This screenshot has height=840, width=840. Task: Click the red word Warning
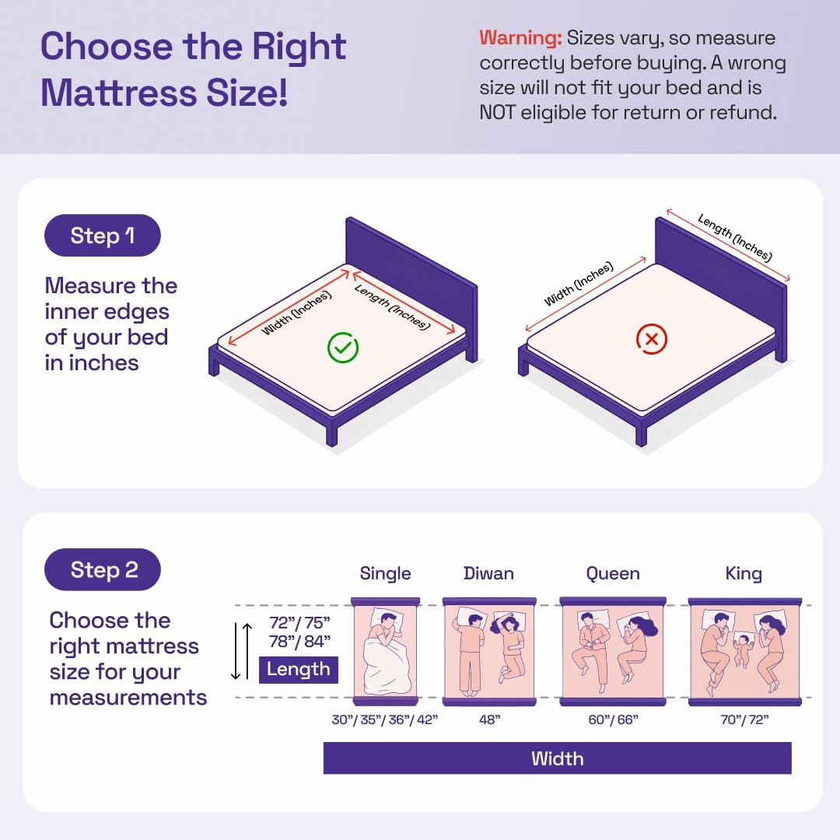(520, 38)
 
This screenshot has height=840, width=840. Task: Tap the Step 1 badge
(103, 235)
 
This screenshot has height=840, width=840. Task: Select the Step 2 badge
(103, 569)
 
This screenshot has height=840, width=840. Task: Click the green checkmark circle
(343, 348)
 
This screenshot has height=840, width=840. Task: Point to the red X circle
(652, 339)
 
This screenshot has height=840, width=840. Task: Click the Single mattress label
(385, 573)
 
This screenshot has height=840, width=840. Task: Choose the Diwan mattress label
(488, 573)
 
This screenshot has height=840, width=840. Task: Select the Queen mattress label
(613, 574)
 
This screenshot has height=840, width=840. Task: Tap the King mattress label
(744, 574)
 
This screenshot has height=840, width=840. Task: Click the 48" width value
(490, 719)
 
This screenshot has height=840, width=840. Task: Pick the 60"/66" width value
(614, 719)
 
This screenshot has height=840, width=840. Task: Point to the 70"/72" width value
(744, 719)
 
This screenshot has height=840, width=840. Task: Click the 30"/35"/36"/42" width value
(385, 719)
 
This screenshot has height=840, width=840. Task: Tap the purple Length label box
(299, 670)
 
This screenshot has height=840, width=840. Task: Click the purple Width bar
(557, 758)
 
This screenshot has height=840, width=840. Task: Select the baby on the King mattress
(743, 649)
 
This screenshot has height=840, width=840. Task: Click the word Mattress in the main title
(119, 93)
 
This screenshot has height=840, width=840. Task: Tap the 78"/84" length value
(299, 641)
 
